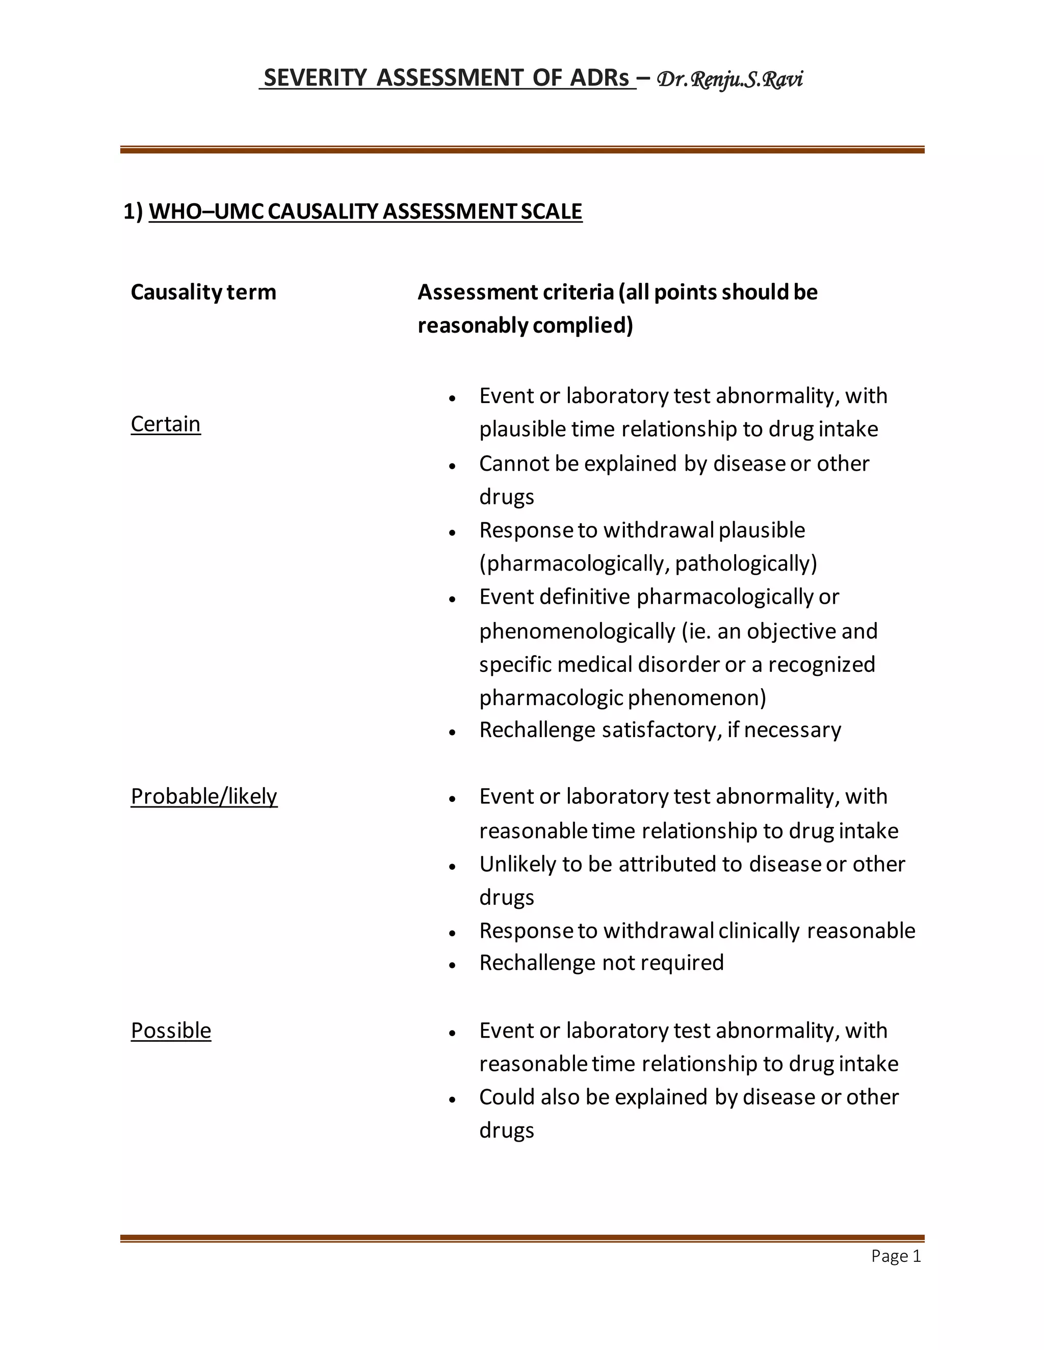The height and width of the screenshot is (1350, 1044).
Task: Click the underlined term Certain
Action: coord(166,424)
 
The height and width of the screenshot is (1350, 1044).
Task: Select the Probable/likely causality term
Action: coord(204,796)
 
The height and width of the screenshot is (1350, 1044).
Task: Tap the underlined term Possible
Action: coord(171,1031)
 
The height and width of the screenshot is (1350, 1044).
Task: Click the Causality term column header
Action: coord(203,292)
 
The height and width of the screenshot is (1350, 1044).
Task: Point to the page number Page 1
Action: coord(896,1256)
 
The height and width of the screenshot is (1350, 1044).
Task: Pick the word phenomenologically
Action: coord(577,631)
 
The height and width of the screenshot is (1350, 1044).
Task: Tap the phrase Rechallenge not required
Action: coord(601,962)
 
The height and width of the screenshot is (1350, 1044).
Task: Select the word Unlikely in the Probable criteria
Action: coord(518,863)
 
